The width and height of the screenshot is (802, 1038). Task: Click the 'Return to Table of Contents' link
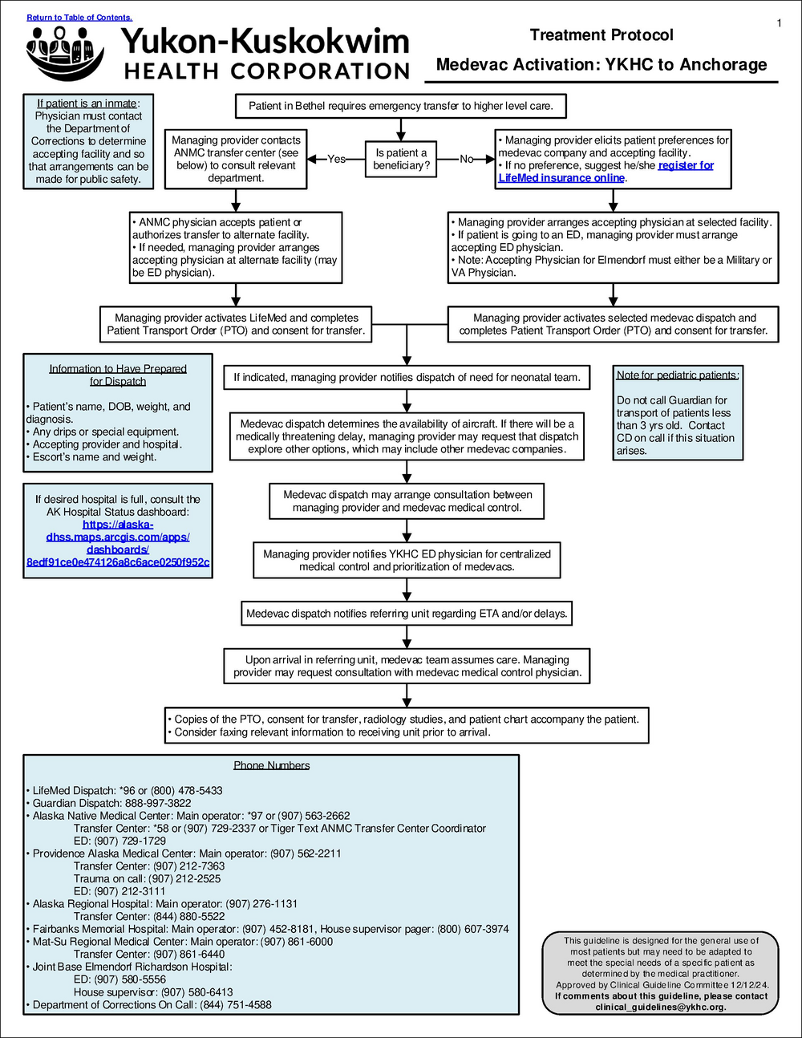pyautogui.click(x=79, y=17)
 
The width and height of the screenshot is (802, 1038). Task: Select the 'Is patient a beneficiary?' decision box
pyautogui.click(x=401, y=159)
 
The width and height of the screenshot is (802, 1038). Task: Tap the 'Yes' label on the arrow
pyautogui.click(x=336, y=159)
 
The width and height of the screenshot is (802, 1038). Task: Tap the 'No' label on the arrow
pyautogui.click(x=466, y=159)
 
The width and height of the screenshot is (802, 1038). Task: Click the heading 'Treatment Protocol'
pyautogui.click(x=601, y=34)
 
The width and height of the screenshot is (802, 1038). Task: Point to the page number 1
pyautogui.click(x=779, y=23)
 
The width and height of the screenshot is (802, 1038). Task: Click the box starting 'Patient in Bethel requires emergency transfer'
pyautogui.click(x=401, y=106)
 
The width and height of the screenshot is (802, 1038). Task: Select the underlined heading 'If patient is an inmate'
pyautogui.click(x=87, y=103)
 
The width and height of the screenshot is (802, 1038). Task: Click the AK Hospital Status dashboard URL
pyautogui.click(x=118, y=544)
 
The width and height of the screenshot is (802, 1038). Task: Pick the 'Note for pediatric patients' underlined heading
pyautogui.click(x=678, y=375)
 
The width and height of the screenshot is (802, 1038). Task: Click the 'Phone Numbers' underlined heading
pyautogui.click(x=271, y=765)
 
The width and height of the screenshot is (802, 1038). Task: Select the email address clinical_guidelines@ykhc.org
pyautogui.click(x=661, y=1007)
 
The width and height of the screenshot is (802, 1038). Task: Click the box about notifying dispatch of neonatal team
pyautogui.click(x=407, y=377)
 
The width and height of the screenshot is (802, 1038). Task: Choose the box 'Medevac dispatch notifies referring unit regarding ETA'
pyautogui.click(x=407, y=614)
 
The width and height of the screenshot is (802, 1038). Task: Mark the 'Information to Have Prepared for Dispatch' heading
pyautogui.click(x=118, y=375)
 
